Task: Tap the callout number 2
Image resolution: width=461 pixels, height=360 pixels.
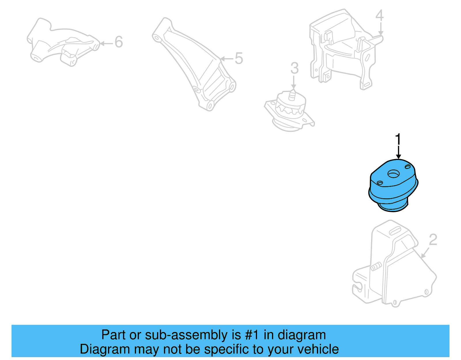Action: click(433, 240)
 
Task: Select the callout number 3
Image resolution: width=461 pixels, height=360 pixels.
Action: click(294, 69)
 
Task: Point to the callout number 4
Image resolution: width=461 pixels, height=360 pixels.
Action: click(379, 16)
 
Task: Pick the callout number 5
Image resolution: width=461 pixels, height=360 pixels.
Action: click(239, 59)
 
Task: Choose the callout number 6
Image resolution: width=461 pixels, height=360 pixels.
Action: click(119, 42)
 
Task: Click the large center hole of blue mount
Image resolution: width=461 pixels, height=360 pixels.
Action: click(394, 174)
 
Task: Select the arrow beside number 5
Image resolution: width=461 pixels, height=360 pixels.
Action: click(227, 59)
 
